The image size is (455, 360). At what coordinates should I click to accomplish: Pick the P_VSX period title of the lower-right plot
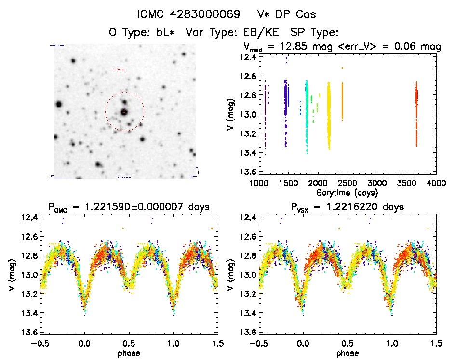(x=345, y=207)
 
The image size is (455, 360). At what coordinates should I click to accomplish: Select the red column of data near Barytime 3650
(x=416, y=113)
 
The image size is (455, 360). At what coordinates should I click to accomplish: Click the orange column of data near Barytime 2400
(x=342, y=101)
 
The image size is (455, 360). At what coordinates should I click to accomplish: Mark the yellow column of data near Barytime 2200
(x=329, y=116)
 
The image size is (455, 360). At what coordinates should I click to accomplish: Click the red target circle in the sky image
(x=124, y=112)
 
